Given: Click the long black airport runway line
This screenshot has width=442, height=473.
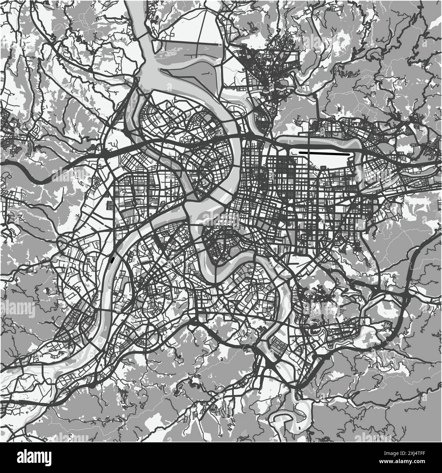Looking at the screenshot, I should (325, 154).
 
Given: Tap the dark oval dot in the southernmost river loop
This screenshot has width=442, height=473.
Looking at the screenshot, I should (298, 427).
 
